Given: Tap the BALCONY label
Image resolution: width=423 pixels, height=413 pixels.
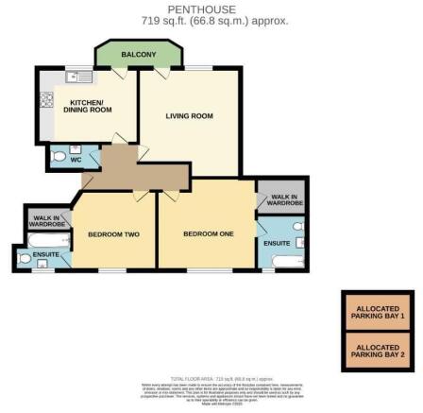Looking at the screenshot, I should [139, 56].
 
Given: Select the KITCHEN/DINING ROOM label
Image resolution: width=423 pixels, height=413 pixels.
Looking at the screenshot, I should [88, 106].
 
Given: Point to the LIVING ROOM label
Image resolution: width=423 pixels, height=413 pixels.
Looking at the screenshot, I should [189, 116].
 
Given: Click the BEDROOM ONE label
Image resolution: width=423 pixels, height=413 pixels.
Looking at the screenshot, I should [206, 233].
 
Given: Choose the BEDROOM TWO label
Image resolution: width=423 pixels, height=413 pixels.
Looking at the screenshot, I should [113, 233].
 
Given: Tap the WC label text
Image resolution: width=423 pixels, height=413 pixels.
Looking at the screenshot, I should [76, 160].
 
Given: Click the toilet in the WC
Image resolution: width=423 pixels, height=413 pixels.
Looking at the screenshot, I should [58, 157].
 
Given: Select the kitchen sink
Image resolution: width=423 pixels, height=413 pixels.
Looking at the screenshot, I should [77, 76].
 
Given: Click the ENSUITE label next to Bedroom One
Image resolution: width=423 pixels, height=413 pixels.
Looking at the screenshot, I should [277, 243].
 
